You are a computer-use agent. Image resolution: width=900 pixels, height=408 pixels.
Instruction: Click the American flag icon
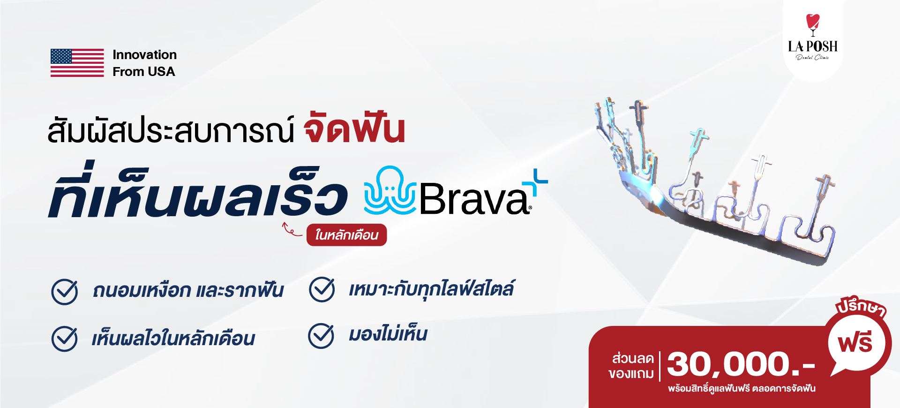click(77, 63)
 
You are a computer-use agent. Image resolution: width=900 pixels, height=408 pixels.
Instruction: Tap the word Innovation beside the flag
click(145, 55)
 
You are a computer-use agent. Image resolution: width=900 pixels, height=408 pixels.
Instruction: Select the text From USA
click(144, 72)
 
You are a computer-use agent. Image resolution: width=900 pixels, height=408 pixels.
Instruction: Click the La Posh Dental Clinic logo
click(813, 38)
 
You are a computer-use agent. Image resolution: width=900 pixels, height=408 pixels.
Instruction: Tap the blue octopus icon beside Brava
click(390, 190)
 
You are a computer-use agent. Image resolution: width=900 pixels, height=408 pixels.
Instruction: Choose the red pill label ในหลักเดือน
click(346, 235)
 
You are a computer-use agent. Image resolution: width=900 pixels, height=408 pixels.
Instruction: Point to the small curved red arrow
click(292, 229)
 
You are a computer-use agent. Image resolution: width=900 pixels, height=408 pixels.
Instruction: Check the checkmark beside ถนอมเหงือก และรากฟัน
click(65, 292)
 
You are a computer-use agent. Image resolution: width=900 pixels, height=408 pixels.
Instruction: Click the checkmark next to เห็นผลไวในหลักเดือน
click(65, 339)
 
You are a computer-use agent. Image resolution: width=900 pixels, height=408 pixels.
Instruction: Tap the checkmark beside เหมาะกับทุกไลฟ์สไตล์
click(322, 289)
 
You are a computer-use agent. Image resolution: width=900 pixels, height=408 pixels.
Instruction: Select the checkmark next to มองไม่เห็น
click(322, 336)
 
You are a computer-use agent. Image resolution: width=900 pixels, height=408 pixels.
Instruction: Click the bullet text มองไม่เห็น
click(388, 334)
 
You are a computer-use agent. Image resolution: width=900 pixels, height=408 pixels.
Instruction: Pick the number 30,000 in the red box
click(729, 364)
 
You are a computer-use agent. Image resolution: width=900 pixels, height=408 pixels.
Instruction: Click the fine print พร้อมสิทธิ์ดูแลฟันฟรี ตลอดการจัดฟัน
click(742, 388)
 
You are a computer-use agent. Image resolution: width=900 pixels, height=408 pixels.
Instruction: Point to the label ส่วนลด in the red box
click(633, 358)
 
